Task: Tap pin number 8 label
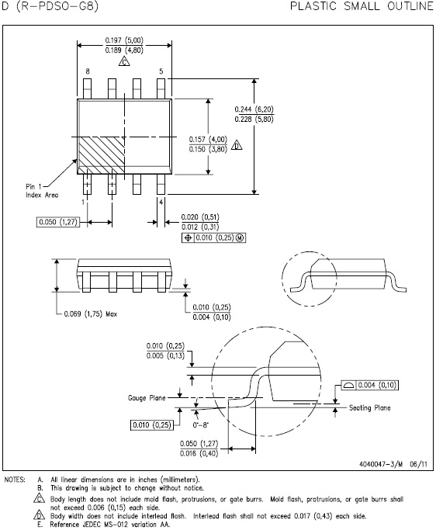(88, 71)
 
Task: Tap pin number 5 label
(161, 71)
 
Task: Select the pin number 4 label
(161, 201)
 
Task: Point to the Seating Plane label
(369, 407)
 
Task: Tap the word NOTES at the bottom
(16, 480)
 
